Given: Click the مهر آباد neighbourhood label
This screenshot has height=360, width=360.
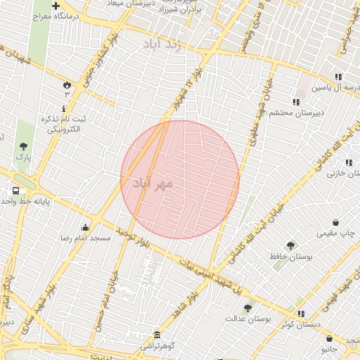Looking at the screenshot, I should pyautogui.click(x=152, y=183).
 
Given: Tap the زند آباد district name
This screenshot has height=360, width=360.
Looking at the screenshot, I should pyautogui.click(x=162, y=45).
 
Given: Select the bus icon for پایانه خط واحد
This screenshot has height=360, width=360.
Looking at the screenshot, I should pyautogui.click(x=15, y=191).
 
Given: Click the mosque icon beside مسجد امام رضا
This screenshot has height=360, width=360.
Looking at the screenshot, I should pyautogui.click(x=86, y=227).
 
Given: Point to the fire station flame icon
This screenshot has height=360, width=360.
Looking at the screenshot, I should pyautogui.click(x=67, y=84).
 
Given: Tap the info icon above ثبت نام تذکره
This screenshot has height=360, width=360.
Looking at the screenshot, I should pyautogui.click(x=64, y=108).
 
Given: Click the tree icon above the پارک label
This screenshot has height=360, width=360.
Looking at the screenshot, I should pyautogui.click(x=24, y=146).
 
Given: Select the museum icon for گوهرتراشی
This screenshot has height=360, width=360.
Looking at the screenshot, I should pyautogui.click(x=156, y=335).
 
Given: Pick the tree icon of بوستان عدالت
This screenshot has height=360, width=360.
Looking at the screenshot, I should pyautogui.click(x=247, y=307).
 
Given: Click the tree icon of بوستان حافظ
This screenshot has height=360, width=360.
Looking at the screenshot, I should pyautogui.click(x=290, y=245).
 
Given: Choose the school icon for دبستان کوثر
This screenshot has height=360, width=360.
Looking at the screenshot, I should pyautogui.click(x=301, y=314).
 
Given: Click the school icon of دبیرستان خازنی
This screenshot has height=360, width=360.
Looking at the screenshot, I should pyautogui.click(x=349, y=162).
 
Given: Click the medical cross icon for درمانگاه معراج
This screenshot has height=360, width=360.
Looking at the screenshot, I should pyautogui.click(x=56, y=6).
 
